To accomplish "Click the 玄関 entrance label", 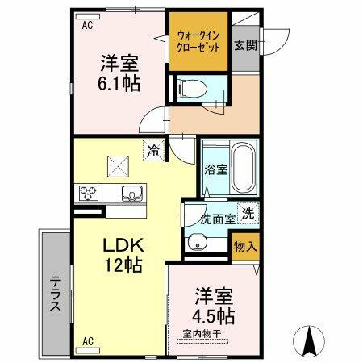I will coord(246,45).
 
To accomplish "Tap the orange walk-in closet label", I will coord(198,40).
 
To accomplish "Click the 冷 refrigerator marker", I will coord(152,148).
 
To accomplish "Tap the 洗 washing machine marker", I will coord(250,214).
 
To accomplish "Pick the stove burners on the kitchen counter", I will coord(88,194).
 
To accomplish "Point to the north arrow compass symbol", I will coord(310,341).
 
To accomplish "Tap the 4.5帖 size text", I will coord(213,315).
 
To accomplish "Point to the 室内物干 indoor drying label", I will coord(203,334).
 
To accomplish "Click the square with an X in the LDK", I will coord(119,165).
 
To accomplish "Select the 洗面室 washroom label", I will coord(218,218).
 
